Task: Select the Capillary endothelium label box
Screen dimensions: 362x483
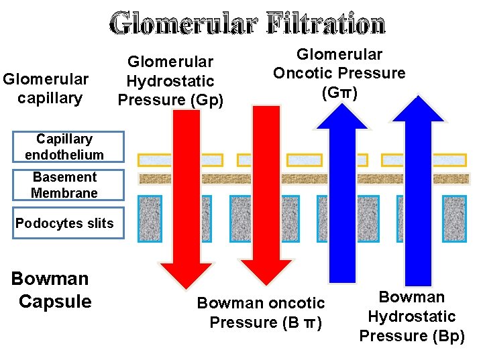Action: coord(64,147)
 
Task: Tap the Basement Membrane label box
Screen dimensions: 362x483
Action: coord(64,185)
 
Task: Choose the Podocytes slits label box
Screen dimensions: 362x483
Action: coord(64,223)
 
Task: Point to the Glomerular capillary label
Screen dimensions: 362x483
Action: coord(46,88)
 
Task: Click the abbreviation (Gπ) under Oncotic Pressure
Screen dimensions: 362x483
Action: coord(339,93)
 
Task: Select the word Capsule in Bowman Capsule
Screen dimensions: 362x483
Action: coord(55,302)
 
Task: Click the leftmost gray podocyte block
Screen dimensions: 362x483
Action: coord(155,219)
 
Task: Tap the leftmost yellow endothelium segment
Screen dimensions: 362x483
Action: coord(154,160)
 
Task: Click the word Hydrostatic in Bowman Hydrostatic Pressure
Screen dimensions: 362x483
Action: coord(412,316)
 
